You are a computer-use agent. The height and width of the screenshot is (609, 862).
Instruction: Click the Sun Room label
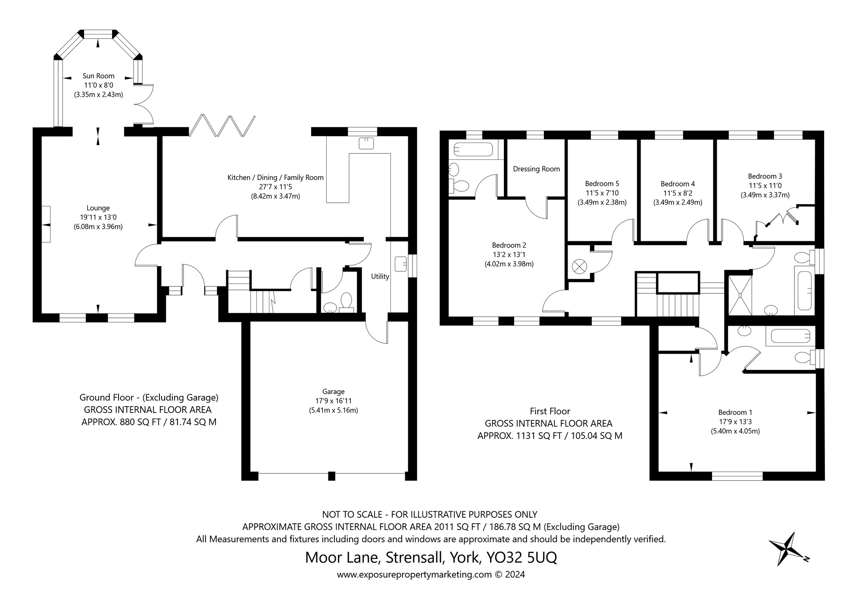98,76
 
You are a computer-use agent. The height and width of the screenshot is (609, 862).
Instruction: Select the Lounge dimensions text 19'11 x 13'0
98,217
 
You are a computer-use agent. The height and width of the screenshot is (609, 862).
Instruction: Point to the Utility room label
380,277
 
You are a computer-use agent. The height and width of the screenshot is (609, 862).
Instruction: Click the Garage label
333,391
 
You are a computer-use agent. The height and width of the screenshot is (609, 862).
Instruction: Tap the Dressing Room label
536,169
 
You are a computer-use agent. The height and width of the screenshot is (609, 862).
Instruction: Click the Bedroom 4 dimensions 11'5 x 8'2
678,193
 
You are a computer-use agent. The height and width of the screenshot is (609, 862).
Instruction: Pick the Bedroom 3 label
765,176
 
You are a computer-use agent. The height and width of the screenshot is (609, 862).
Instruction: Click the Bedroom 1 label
735,412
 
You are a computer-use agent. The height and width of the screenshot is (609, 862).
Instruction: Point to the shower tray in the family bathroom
740,295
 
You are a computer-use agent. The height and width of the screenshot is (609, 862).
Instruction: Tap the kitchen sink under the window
366,143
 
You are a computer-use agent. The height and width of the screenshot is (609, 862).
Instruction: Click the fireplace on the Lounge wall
46,224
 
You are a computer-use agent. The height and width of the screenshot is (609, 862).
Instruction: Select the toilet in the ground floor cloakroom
346,302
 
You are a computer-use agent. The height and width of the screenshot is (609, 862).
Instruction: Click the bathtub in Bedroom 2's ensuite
473,149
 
